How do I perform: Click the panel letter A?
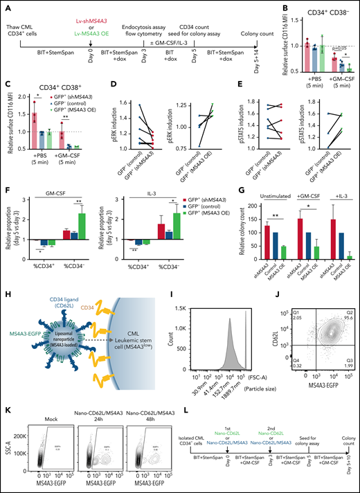[x=5, y=6]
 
